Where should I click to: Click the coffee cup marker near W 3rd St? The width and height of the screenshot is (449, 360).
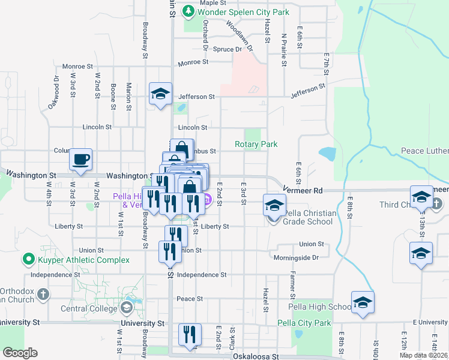click(x=81, y=160)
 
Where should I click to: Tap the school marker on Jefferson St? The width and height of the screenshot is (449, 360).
click(x=160, y=94)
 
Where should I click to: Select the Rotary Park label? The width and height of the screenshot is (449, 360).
click(x=256, y=145)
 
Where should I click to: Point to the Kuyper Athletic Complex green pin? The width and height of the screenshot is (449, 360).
click(x=28, y=260)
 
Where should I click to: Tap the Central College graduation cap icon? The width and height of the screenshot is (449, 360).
click(x=126, y=308)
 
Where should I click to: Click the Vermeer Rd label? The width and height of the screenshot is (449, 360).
click(x=305, y=190)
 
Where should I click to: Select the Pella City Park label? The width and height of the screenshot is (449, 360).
click(x=304, y=323)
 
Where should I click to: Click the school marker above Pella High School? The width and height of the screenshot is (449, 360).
click(x=363, y=303)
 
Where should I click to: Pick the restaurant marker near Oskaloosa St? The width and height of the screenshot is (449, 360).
click(x=190, y=335)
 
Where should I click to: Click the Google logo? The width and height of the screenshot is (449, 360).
click(x=19, y=353)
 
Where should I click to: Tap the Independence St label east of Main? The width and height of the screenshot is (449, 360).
click(x=202, y=275)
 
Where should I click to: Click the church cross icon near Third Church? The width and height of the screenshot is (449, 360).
click(x=436, y=205)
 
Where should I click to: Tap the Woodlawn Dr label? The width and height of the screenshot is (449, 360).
click(x=238, y=32)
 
